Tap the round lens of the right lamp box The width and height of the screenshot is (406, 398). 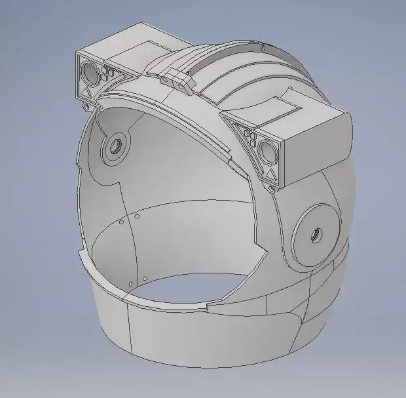pyautogui.click(x=268, y=153)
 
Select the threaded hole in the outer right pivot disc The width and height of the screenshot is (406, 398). pyautogui.click(x=316, y=234)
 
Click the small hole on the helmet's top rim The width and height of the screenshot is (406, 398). pyautogui.click(x=262, y=47)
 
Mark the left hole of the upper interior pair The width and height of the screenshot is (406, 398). pyautogui.click(x=122, y=222)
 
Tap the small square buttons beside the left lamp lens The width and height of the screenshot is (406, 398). pyautogui.click(x=107, y=75)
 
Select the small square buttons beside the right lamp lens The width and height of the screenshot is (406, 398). pyautogui.click(x=251, y=140)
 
